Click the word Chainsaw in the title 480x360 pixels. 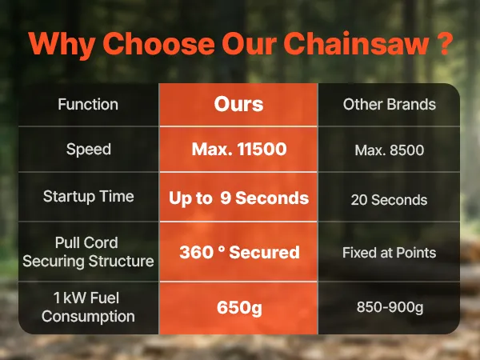[x=355, y=43]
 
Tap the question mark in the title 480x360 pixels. [x=443, y=43]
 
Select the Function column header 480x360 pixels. [x=88, y=104]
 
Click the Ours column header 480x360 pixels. [x=238, y=104]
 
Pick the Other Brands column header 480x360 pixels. [x=390, y=104]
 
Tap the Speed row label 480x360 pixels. [x=89, y=150]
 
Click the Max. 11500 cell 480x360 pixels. [x=239, y=149]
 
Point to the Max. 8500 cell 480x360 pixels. [x=390, y=150]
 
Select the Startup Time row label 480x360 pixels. [x=89, y=196]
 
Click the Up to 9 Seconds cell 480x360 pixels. [x=238, y=198]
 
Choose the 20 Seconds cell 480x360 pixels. [x=389, y=200]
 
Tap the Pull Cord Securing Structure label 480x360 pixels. [x=88, y=252]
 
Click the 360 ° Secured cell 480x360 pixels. [x=239, y=252]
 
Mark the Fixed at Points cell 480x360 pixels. [x=390, y=253]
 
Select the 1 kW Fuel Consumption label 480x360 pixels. [x=88, y=307]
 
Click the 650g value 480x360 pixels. [x=239, y=308]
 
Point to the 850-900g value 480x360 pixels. [x=390, y=307]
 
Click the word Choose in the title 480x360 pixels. [x=159, y=43]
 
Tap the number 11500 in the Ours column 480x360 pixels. [x=262, y=149]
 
